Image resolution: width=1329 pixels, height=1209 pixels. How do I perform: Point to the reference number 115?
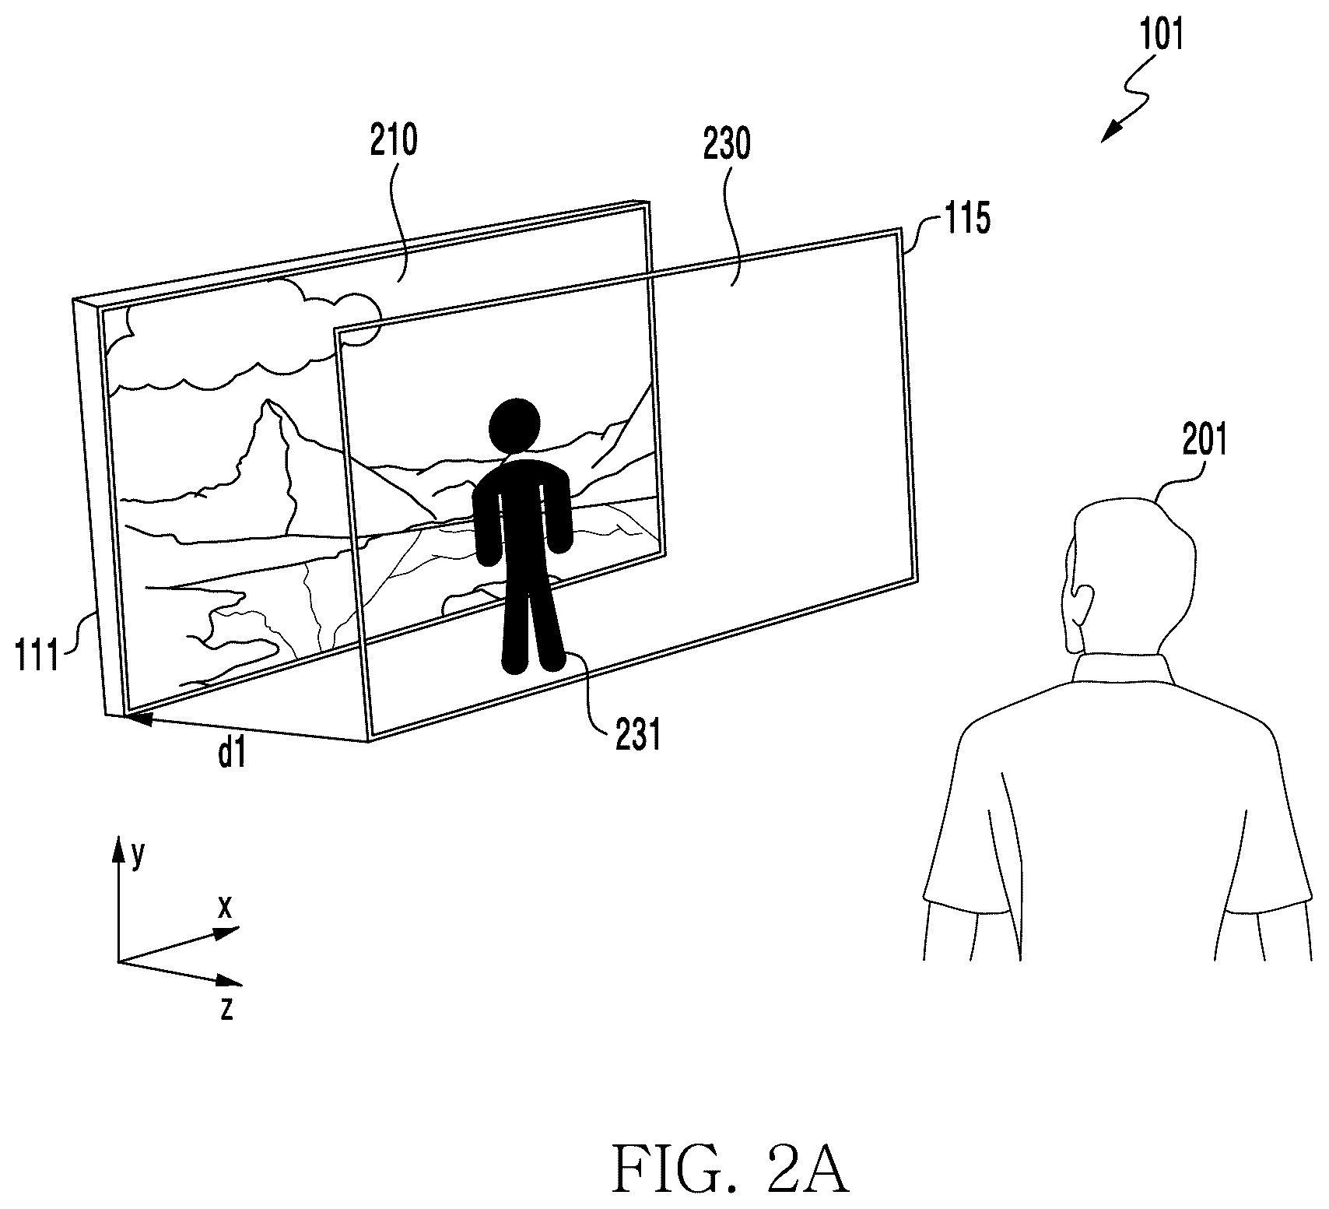coord(967,219)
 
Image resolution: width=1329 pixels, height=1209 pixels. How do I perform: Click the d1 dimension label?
coord(233,754)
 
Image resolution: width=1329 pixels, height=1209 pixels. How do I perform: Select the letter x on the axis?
coord(225,906)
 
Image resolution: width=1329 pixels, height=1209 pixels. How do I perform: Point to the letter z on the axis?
coord(227,1009)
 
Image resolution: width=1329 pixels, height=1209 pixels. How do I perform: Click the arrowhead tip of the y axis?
coord(119,839)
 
